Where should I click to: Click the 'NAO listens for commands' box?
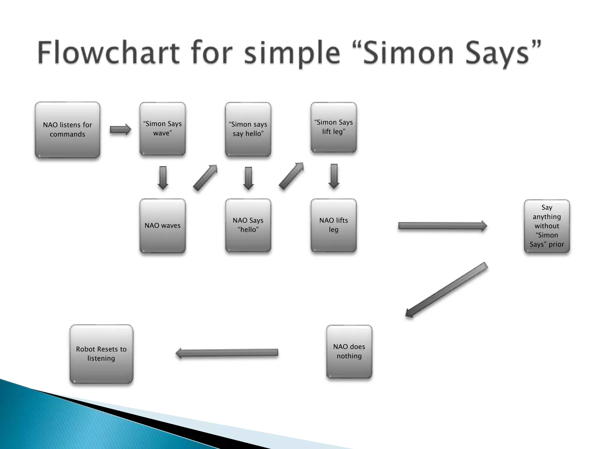click(x=68, y=130)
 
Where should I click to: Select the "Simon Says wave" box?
click(x=163, y=129)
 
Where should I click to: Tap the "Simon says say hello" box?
click(x=248, y=129)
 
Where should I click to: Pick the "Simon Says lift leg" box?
click(x=334, y=127)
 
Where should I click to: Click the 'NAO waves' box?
click(x=163, y=226)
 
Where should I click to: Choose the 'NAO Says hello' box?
click(x=248, y=225)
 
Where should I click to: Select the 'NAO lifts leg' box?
click(x=334, y=225)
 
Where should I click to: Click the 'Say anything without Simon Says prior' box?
click(x=547, y=226)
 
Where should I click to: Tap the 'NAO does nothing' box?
click(x=349, y=351)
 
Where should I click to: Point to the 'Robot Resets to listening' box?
click(x=101, y=354)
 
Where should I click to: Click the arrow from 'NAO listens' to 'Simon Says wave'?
click(x=120, y=129)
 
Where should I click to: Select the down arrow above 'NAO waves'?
click(x=163, y=178)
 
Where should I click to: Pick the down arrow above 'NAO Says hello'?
click(x=248, y=178)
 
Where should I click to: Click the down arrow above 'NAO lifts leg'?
click(x=334, y=176)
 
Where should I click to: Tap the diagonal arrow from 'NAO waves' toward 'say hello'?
click(x=205, y=177)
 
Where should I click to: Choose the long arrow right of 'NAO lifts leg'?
click(x=442, y=226)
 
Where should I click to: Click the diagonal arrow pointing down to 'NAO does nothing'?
click(x=447, y=289)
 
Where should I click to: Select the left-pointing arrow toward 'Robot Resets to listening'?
click(x=227, y=353)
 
